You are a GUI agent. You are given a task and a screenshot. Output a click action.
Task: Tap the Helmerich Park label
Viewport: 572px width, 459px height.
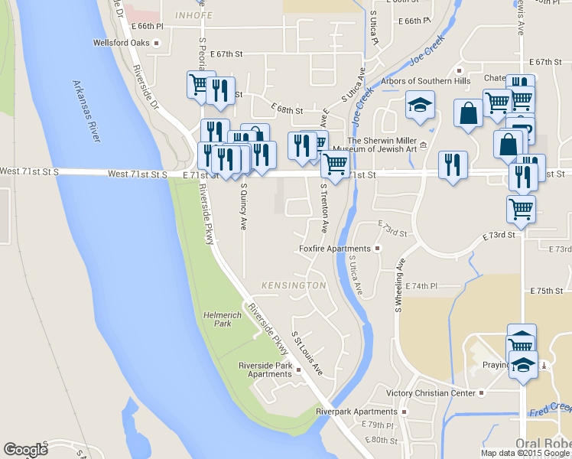pyautogui.click(x=216, y=319)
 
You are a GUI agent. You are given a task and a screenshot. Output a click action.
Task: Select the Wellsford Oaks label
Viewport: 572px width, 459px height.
pyautogui.click(x=120, y=43)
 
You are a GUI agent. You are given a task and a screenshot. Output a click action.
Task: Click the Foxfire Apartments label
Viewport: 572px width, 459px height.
pyautogui.click(x=334, y=249)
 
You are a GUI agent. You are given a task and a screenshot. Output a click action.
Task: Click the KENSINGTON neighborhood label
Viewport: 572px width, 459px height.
pyautogui.click(x=294, y=285)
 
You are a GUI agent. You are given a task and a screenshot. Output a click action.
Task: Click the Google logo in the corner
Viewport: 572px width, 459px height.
pyautogui.click(x=25, y=450)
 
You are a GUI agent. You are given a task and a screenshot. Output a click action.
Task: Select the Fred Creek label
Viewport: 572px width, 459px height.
pyautogui.click(x=550, y=410)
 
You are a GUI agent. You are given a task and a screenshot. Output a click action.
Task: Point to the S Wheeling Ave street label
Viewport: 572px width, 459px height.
pyautogui.click(x=398, y=285)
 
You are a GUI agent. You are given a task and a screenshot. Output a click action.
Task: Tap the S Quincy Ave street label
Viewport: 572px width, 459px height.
pyautogui.click(x=243, y=206)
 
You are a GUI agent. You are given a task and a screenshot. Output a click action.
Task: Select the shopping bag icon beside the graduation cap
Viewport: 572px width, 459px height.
pyautogui.click(x=467, y=113)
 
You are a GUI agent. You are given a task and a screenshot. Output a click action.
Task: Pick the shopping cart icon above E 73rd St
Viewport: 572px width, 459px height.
pyautogui.click(x=521, y=208)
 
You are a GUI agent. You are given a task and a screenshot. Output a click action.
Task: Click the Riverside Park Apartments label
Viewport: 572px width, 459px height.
pyautogui.click(x=265, y=369)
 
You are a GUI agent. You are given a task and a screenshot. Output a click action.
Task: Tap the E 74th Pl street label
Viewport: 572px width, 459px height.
pyautogui.click(x=421, y=285)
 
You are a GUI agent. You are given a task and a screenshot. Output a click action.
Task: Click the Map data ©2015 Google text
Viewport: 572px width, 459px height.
pyautogui.click(x=525, y=453)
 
